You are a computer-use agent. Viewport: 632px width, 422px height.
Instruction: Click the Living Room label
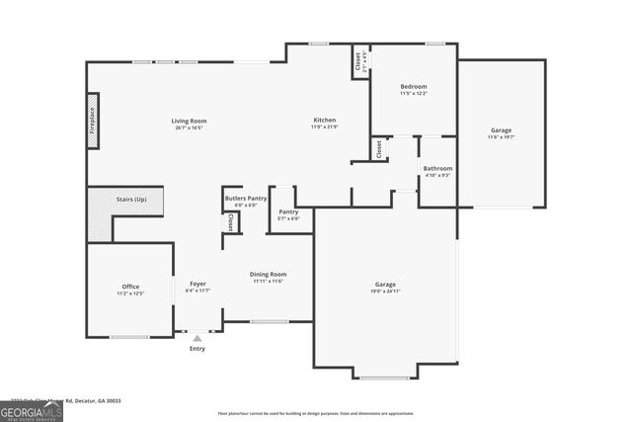(191, 121)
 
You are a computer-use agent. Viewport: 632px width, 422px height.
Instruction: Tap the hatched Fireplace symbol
(93, 121)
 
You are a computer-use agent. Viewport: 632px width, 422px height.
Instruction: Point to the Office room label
(130, 287)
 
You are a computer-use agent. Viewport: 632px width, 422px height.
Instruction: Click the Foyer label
(197, 284)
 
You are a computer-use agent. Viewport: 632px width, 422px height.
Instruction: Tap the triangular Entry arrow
(197, 338)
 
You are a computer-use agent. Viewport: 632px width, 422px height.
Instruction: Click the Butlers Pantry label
(245, 198)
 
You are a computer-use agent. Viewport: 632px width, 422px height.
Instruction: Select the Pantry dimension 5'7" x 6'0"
(288, 218)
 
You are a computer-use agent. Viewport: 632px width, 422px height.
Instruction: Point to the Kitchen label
(324, 121)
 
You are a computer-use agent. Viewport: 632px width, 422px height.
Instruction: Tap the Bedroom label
(413, 87)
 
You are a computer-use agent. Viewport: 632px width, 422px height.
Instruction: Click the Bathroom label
(437, 168)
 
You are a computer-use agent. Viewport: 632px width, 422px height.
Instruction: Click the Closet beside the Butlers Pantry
(230, 223)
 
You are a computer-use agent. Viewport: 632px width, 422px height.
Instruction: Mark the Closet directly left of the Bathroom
(378, 148)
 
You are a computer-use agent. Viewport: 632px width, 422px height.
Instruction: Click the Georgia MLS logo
(31, 408)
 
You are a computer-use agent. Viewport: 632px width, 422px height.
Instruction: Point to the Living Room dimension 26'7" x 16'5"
(191, 127)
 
